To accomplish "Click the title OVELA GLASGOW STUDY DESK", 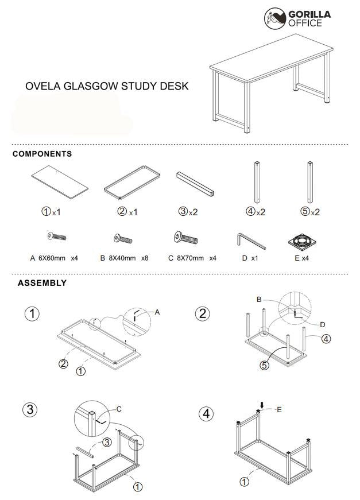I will [x=107, y=86].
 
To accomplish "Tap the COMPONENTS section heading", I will [x=42, y=154].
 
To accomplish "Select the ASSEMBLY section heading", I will [x=42, y=283].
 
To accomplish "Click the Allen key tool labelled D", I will [x=250, y=239].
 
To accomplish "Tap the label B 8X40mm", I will [x=124, y=258].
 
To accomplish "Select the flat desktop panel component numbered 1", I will [x=60, y=181].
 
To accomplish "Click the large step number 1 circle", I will [x=33, y=315].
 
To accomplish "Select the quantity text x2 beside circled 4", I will [x=261, y=212].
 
